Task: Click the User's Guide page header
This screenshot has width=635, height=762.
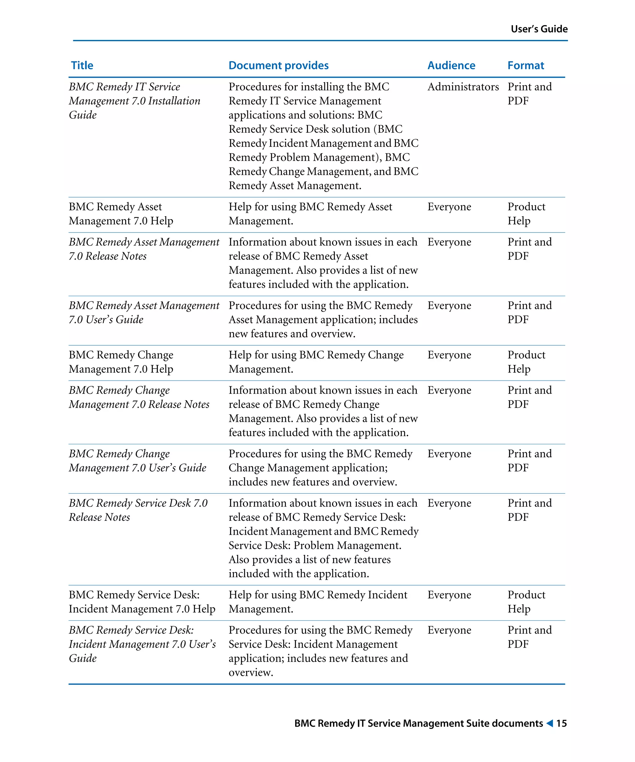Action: (539, 29)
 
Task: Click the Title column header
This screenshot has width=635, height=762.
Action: (82, 65)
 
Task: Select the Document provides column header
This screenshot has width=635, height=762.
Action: (278, 65)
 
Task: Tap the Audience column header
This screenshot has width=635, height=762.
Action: (451, 65)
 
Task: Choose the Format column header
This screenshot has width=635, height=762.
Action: (526, 65)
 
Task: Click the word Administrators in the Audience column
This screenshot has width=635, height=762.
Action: (463, 87)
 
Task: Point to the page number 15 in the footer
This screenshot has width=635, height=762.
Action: (561, 723)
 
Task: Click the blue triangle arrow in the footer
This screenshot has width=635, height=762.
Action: (550, 723)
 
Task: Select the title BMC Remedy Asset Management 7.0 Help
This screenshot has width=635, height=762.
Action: (121, 214)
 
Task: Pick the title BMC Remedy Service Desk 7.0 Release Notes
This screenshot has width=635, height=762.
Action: (138, 510)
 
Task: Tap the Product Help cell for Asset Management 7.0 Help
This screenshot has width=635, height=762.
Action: (526, 214)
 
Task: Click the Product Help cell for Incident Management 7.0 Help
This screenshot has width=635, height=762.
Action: (526, 602)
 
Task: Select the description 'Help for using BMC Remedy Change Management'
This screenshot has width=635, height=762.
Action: (316, 362)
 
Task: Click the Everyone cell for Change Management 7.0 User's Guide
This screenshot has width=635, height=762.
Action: (449, 454)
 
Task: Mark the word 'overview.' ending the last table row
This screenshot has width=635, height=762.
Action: (250, 672)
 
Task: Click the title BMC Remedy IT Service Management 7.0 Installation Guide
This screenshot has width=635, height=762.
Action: (134, 101)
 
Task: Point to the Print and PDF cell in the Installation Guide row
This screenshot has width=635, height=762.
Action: (529, 94)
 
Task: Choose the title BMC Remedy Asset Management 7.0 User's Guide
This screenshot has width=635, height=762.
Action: (144, 312)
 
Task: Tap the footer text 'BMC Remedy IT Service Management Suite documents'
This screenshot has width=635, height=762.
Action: (418, 723)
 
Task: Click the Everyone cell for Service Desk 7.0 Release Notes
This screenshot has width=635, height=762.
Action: (449, 503)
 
